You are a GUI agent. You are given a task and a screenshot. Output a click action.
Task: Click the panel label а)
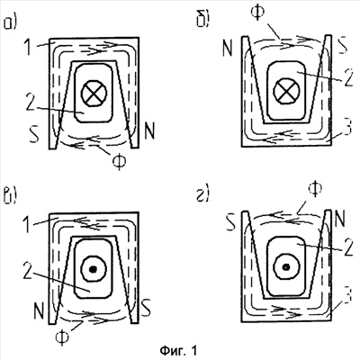pos(10,23)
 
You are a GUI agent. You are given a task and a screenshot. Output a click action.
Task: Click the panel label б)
pos(203,20)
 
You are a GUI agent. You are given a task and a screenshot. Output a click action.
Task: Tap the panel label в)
pos(10,195)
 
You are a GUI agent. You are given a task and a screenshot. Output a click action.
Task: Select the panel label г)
pos(203,195)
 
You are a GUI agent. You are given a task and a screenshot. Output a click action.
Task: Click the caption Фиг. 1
pos(179,350)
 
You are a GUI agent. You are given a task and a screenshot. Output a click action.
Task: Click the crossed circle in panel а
pos(94,94)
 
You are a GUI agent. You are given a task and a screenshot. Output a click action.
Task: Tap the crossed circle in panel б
pos(286,90)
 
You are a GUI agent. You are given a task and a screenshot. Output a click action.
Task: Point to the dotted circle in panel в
pos(94,269)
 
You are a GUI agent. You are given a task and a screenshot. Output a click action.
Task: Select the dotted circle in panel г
pos(286,266)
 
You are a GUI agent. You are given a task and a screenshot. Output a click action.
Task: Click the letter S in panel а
pos(34,134)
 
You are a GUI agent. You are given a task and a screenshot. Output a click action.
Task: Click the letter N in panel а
pos(149,130)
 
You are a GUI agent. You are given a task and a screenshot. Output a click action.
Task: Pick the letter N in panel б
pos(228,48)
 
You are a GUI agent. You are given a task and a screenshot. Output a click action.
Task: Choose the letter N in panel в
pos(39,311)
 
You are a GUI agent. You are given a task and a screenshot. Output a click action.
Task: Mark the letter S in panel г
pos(231,221)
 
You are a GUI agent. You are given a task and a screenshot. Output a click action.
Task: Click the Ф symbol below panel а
pos(119,161)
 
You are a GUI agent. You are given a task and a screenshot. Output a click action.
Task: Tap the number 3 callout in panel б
pos(347,126)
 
